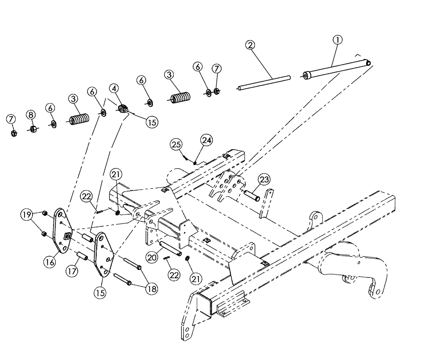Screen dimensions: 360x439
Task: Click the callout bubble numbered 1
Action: [x=337, y=40]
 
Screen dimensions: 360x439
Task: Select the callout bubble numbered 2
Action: [x=249, y=45]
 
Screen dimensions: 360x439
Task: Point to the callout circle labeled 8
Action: [x=31, y=114]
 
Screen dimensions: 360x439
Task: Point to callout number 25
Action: [x=176, y=144]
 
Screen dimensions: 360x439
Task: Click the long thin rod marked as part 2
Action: [x=263, y=83]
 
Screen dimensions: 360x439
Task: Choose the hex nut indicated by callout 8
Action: [x=32, y=129]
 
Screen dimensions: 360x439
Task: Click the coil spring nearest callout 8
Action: [x=79, y=119]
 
